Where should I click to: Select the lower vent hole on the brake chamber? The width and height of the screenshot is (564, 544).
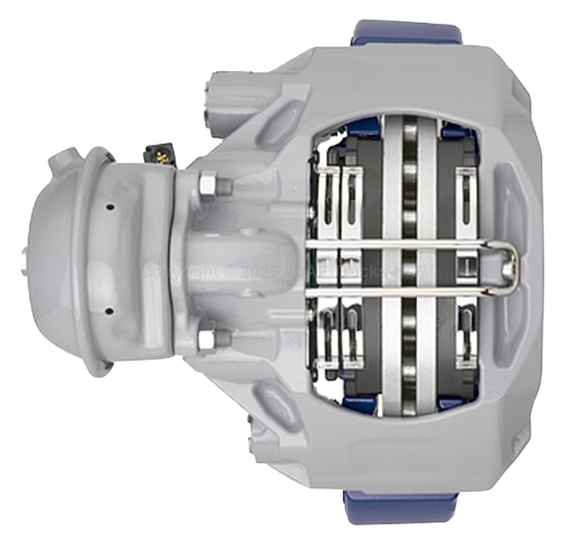[x=109, y=311]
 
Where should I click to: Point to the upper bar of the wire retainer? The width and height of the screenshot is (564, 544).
[x=395, y=245]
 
